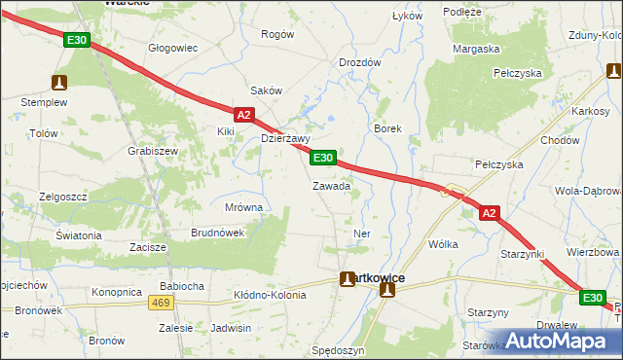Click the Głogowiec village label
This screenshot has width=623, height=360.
(x=172, y=48)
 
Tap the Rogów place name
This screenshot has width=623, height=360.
(x=277, y=34)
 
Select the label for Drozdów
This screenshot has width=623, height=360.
(x=359, y=62)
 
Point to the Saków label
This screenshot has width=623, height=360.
(x=267, y=90)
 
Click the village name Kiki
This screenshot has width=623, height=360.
(x=227, y=130)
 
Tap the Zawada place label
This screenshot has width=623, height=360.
(x=331, y=186)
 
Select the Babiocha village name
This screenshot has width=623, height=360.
(x=181, y=286)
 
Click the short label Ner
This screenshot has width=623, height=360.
(x=362, y=234)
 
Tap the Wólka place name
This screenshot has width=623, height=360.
(x=443, y=245)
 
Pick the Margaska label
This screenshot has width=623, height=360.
(x=476, y=49)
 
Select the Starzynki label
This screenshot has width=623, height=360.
(x=522, y=254)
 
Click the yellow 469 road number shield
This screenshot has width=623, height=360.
(x=162, y=304)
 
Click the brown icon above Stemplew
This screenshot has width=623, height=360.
(x=60, y=83)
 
